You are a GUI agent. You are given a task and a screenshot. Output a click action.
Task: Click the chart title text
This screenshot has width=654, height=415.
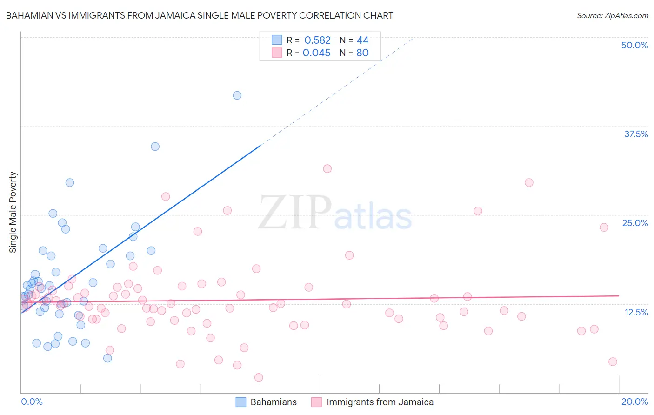pos(200,15)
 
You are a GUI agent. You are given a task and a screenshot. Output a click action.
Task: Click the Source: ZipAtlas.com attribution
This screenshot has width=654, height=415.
pos(612,15)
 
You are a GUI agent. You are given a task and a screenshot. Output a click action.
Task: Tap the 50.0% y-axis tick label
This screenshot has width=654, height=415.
pos(634,45)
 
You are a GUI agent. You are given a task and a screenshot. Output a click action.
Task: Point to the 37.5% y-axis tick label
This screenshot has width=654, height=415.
pos(636,134)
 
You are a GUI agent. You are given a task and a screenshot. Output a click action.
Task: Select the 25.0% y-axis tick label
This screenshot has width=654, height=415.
pos(635,223)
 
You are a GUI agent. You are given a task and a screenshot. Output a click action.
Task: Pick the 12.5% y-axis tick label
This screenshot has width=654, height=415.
pos(636,312)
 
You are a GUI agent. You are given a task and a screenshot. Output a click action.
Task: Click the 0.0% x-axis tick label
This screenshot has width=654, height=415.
pos(32,402)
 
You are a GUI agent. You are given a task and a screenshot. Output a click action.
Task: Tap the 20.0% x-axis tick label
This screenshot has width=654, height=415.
pos(634,402)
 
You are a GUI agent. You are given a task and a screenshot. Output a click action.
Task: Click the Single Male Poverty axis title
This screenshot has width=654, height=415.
pos(13,212)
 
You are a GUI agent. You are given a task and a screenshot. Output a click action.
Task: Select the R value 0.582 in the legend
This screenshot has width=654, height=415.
pos(317,40)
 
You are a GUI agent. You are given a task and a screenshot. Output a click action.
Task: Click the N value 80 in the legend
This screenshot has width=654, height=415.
pos(362,53)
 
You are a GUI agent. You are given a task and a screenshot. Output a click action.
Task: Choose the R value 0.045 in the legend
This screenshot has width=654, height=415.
pos(316,53)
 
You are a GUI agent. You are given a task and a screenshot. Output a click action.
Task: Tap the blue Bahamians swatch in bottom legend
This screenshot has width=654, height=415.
pos(240,402)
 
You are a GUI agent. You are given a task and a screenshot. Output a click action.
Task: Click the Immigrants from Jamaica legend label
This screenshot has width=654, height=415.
pos(380,402)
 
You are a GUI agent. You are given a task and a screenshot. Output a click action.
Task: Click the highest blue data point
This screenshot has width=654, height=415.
pos(237,95)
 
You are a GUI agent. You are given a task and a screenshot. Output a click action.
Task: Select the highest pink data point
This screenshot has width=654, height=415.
pos(327,168)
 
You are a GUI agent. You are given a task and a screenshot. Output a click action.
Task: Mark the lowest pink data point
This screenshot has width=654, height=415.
pos(259,377)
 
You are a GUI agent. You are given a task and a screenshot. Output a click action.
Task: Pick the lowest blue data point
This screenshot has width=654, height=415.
pos(107,358)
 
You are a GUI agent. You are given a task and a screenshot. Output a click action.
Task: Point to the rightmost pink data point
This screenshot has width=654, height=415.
pos(613,361)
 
